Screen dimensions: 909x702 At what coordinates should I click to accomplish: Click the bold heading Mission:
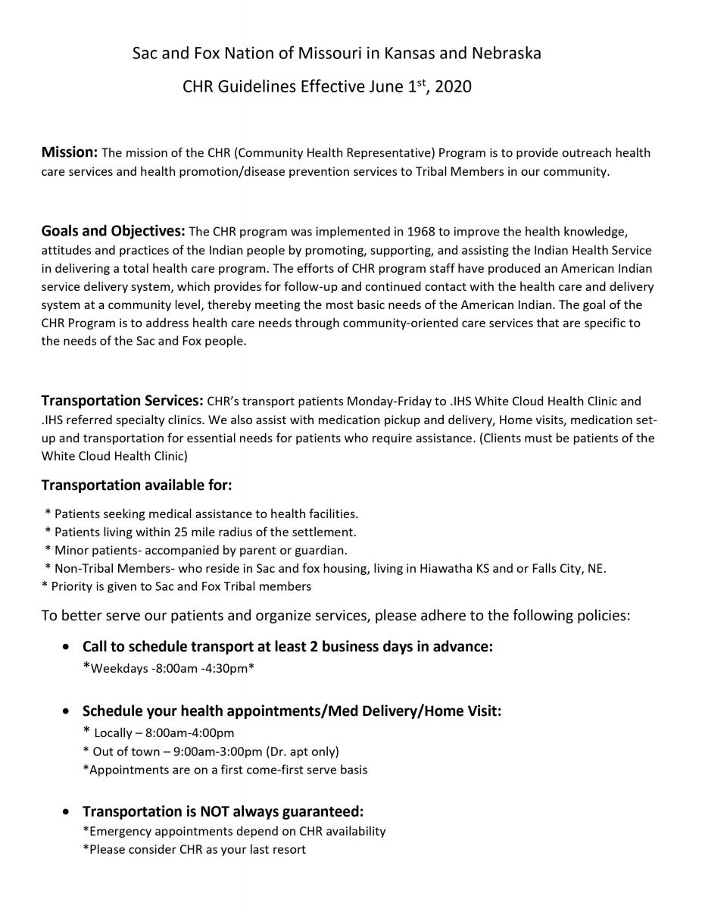tap(69, 152)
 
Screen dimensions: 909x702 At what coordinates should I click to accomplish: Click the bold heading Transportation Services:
tap(122, 401)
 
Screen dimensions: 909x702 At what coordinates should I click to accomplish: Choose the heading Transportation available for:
tap(136, 485)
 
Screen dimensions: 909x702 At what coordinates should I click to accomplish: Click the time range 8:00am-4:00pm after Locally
tap(189, 733)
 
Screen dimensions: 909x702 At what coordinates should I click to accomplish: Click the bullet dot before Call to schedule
tap(68, 648)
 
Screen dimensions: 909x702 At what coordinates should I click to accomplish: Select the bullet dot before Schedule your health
tap(68, 712)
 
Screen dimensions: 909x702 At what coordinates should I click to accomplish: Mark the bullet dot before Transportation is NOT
tap(68, 812)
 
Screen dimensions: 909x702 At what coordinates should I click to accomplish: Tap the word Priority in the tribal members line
tap(73, 586)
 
